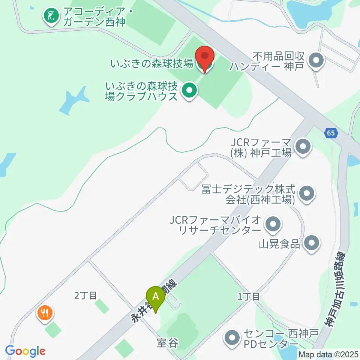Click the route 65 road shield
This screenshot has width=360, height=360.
(330, 133)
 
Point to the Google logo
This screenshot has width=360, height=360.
(25, 351)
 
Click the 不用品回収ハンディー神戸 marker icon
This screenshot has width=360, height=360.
(316, 60)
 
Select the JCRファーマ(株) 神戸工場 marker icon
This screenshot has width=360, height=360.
(303, 147)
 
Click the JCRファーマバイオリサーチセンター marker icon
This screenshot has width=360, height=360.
(273, 224)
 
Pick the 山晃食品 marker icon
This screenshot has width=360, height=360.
(312, 243)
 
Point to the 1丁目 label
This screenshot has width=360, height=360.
(249, 297)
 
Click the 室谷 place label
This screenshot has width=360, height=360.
(167, 343)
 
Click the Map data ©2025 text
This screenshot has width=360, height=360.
(329, 354)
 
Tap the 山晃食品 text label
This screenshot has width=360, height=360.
(280, 244)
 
